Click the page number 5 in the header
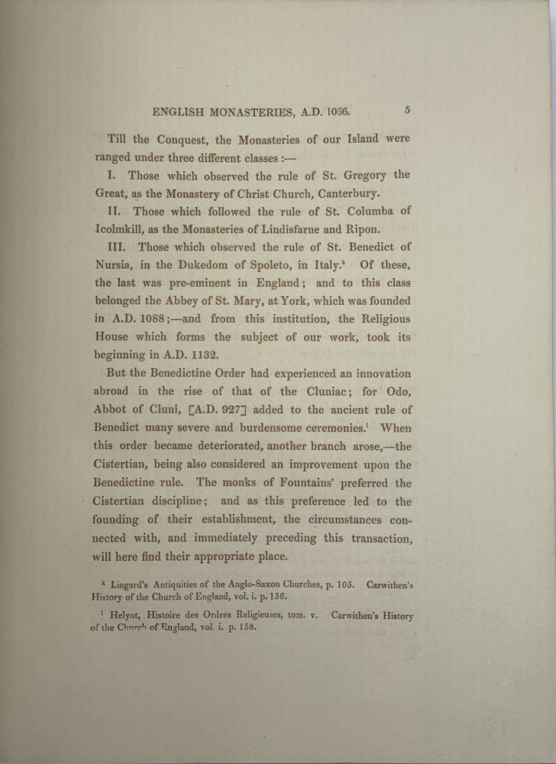pyautogui.click(x=408, y=110)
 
